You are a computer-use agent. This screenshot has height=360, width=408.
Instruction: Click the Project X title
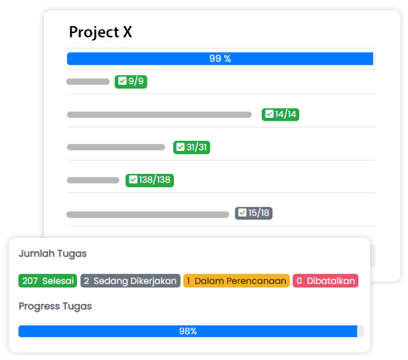click(101, 32)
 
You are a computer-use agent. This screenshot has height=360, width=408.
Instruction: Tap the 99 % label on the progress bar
click(220, 59)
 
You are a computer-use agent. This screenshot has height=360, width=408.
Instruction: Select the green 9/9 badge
click(131, 81)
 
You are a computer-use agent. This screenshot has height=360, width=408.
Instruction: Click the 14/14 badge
click(280, 114)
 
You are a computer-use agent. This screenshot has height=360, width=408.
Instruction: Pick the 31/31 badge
click(192, 148)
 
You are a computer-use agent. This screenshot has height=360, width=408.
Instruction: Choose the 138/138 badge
click(150, 180)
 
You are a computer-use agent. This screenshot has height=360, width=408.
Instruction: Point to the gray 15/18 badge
click(254, 213)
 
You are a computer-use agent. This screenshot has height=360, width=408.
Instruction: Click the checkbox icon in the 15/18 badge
click(243, 213)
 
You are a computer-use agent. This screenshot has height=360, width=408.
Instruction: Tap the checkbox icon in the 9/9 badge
click(122, 81)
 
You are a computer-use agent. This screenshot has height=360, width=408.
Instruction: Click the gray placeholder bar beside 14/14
click(159, 114)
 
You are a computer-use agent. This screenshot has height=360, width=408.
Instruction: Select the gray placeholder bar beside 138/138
click(93, 180)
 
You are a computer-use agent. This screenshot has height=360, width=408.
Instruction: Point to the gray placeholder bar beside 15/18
click(147, 214)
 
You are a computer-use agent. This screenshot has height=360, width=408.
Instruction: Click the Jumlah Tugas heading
click(52, 254)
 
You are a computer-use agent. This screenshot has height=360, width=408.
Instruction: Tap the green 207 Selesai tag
click(48, 281)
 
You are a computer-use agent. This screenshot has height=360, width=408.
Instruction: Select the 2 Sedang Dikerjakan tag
click(130, 281)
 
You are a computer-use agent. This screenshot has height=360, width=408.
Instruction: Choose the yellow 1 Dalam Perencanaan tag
click(236, 281)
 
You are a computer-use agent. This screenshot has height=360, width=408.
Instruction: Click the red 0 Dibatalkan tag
click(325, 281)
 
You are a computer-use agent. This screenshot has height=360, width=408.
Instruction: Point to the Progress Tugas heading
click(55, 306)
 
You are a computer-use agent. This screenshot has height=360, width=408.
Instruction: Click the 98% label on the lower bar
click(188, 331)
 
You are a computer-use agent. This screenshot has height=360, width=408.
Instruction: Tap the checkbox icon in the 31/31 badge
click(181, 147)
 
